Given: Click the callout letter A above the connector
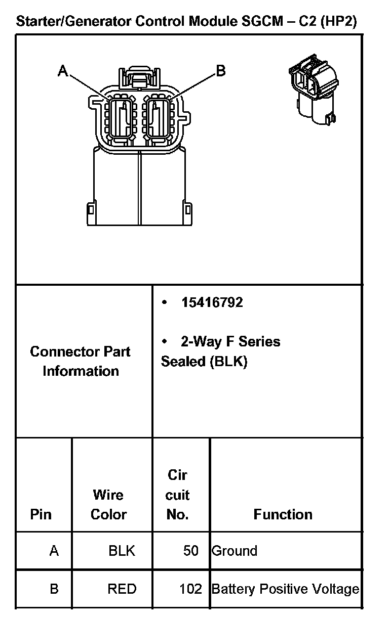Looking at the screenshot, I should coord(63,71).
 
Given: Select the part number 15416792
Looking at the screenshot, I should coord(212,302).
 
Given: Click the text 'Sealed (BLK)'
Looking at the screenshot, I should coord(204,362).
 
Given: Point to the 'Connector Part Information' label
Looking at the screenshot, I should coord(81,361).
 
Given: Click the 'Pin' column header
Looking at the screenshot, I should coord(41,514).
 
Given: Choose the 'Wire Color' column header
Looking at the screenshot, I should coord(108,504).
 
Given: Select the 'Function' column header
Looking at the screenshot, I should coord(283,514).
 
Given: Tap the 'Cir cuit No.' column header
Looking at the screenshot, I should coord(177,495).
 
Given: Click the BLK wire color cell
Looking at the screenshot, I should coord(122,551).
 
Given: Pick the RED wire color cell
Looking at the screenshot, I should coord(122,589).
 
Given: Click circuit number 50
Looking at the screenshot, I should coord(191,551).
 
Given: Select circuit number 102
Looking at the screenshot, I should coord(190,589).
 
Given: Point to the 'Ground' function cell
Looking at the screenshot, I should coord(235,551).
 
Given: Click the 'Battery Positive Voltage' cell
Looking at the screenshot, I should coord(285,589).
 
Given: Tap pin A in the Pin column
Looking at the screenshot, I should coord(54,551).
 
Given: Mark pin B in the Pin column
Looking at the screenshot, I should coord(54,589).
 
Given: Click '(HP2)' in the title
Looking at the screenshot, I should coord(339,21).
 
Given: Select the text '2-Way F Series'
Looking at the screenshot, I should coord(230,342).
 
